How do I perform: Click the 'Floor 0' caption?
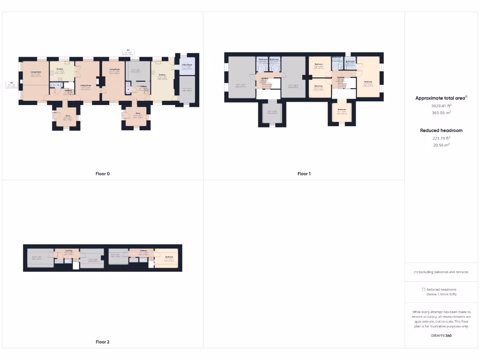coord(102,174)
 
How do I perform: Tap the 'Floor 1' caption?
coord(304,174)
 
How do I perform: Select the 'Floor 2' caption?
coord(102,342)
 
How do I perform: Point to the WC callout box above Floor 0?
coord(128,52)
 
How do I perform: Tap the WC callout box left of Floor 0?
coord(11,85)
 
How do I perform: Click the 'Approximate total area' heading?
coord(441,98)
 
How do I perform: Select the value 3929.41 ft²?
coord(441,106)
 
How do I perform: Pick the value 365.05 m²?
coord(441,112)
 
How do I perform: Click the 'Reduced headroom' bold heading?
coord(441,130)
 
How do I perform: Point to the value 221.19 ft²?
coord(441,138)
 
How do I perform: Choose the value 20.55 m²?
coord(441,145)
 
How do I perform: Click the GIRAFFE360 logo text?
coord(441,336)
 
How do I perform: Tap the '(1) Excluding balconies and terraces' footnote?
coord(441,272)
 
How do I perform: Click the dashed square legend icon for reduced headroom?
coord(424,290)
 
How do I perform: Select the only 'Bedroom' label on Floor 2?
coord(169,257)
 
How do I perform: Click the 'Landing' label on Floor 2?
coord(68,251)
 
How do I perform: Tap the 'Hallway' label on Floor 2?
coord(143,251)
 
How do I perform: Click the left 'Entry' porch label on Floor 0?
coord(68,115)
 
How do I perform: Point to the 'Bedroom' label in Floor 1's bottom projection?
coord(342,110)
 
